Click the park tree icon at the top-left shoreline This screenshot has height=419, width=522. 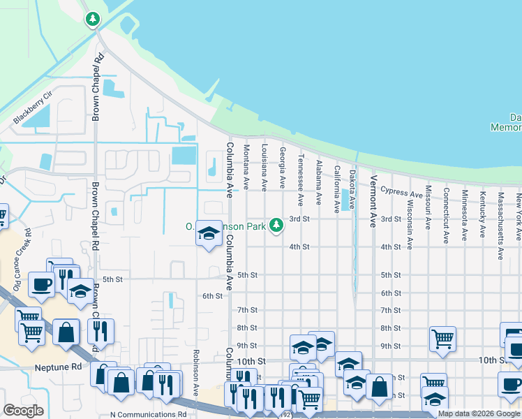[92, 19]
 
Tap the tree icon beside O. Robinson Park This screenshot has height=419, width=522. [277, 224]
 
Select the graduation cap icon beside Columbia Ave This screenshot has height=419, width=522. [208, 234]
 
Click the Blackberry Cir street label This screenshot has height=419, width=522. [33, 108]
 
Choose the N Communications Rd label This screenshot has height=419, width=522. [148, 414]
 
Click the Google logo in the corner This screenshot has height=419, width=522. [24, 411]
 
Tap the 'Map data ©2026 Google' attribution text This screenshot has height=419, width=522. [479, 413]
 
